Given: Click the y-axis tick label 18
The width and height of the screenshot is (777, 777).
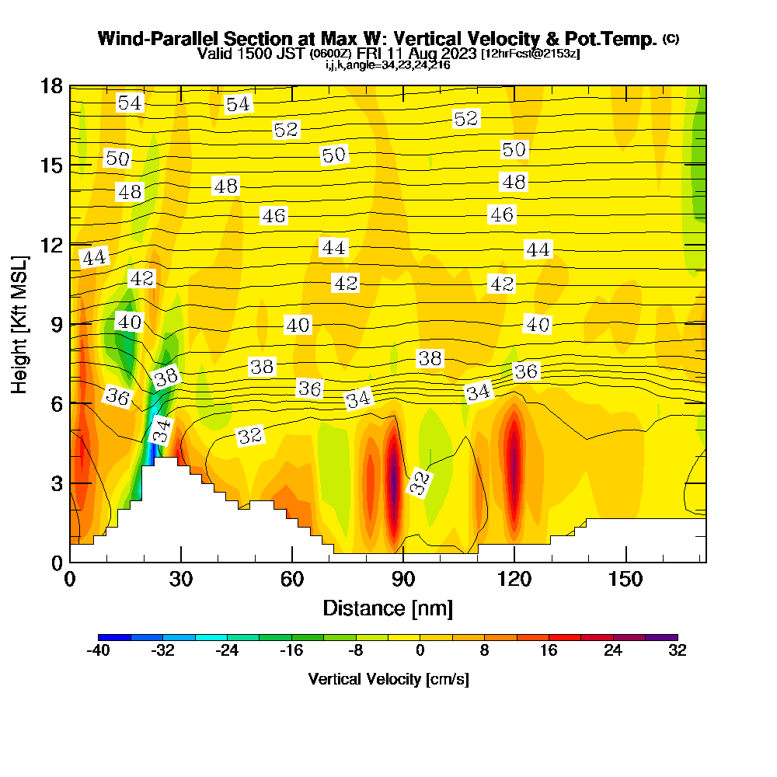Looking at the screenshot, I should pyautogui.click(x=51, y=85).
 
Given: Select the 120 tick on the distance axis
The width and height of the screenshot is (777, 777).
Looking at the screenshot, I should pyautogui.click(x=514, y=580).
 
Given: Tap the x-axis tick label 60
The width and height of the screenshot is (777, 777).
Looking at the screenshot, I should pyautogui.click(x=291, y=580).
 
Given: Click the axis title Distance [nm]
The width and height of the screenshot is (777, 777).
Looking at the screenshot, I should pyautogui.click(x=388, y=607).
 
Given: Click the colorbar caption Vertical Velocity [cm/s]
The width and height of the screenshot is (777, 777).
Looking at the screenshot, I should pyautogui.click(x=388, y=679).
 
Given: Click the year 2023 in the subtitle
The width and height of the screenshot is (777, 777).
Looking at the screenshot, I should pyautogui.click(x=456, y=54).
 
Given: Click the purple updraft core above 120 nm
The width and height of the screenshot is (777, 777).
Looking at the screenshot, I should pyautogui.click(x=514, y=458).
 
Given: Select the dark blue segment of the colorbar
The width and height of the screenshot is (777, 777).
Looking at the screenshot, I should pyautogui.click(x=114, y=637).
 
